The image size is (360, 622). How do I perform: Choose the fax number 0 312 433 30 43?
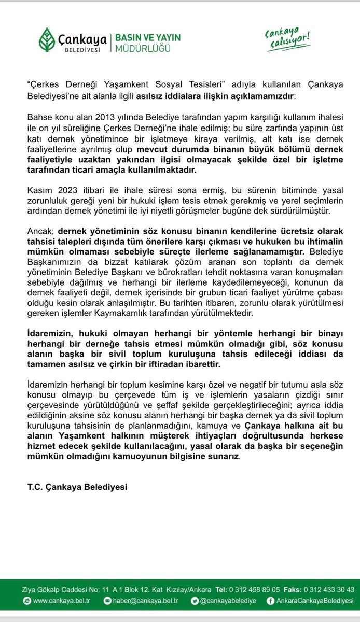(x=329, y=589)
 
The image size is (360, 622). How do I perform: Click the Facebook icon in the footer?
(x=270, y=601)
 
